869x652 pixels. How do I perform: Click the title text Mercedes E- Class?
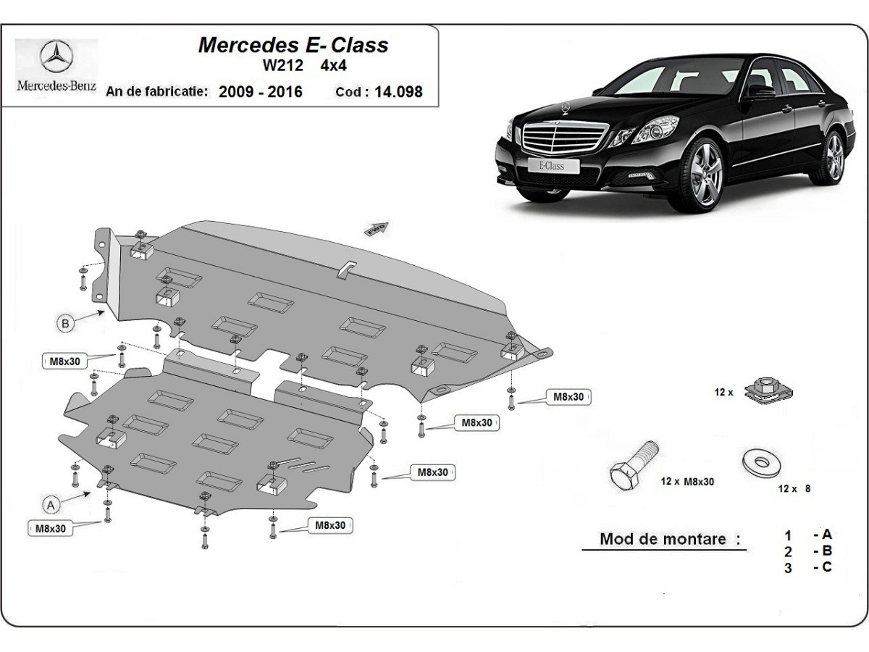(x=293, y=45)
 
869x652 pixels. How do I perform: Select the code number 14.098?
(x=398, y=92)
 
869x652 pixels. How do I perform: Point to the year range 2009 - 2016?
(x=261, y=92)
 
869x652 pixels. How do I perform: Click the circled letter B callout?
(x=66, y=324)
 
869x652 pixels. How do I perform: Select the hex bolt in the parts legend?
(x=631, y=465)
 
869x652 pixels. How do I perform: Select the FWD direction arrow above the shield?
(x=377, y=229)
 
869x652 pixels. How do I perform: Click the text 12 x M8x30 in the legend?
(x=687, y=482)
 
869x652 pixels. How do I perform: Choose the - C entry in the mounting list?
(x=822, y=567)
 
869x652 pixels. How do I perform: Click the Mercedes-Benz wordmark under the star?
(x=56, y=85)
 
